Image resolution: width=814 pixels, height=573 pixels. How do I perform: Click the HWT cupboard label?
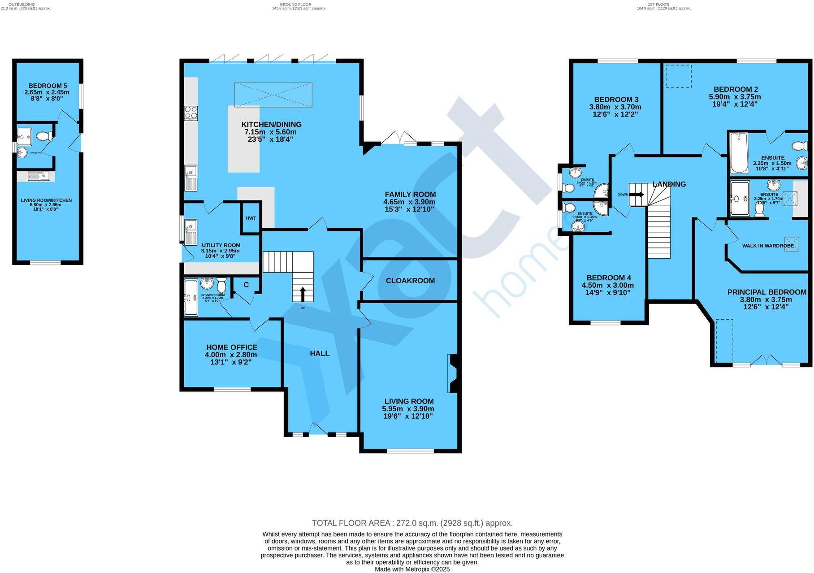(x=251, y=218)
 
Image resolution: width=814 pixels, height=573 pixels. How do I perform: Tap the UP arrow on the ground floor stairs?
(x=303, y=294)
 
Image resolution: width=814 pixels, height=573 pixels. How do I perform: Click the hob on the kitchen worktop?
(x=191, y=113)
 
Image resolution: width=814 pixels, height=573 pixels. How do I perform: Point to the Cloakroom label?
(x=410, y=281)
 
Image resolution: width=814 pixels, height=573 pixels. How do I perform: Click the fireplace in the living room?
(x=453, y=373)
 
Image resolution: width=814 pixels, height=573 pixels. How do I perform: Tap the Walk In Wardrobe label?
(x=767, y=246)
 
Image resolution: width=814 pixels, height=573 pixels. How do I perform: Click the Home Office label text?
(x=232, y=347)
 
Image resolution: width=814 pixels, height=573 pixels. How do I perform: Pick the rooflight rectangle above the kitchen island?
(x=273, y=95)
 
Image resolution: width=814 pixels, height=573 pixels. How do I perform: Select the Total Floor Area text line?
(x=412, y=523)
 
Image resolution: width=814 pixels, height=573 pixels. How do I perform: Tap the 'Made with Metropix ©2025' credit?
(x=412, y=569)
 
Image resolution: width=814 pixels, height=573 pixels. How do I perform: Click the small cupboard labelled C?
(x=246, y=285)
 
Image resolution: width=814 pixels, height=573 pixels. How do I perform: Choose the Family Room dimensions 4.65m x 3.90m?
(x=409, y=202)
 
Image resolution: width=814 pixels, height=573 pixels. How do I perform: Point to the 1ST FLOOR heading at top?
(x=658, y=4)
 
